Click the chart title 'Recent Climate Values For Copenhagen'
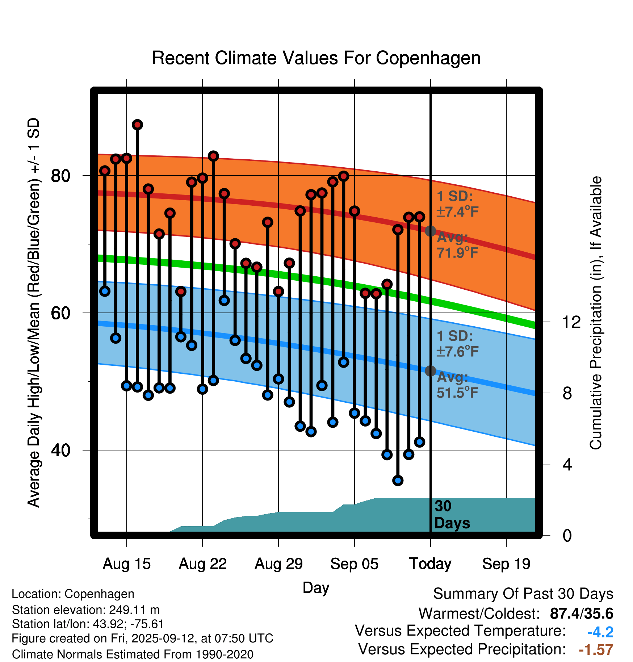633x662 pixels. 316,58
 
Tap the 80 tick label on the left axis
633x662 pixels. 60,176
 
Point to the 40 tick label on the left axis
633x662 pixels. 60,450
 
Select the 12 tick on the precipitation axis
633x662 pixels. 571,322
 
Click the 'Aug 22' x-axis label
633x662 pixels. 202,564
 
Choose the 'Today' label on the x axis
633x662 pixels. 430,564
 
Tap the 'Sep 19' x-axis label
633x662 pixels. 506,564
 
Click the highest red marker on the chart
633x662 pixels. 137,125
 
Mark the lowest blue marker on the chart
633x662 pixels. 398,481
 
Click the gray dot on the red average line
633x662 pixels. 430,231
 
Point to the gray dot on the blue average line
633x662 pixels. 430,371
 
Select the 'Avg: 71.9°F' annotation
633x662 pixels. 457,245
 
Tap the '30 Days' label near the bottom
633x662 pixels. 452,515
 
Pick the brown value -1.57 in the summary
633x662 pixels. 596,650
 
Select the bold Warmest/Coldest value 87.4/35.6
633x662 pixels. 581,613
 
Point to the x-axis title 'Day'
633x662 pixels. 316,587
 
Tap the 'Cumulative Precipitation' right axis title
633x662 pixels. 596,313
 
